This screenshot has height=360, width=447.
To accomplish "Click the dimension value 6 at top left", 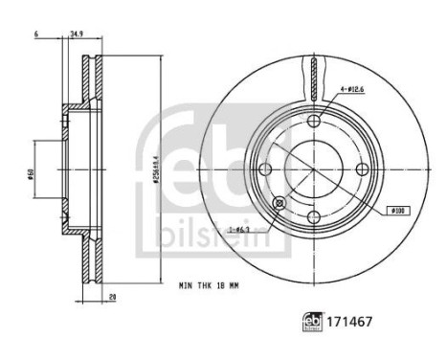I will [x=34, y=34].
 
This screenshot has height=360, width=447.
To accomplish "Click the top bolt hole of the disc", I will [x=315, y=121].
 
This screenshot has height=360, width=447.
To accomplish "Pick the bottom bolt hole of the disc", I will [x=315, y=217].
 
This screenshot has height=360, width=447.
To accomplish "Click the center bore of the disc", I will [x=315, y=169].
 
